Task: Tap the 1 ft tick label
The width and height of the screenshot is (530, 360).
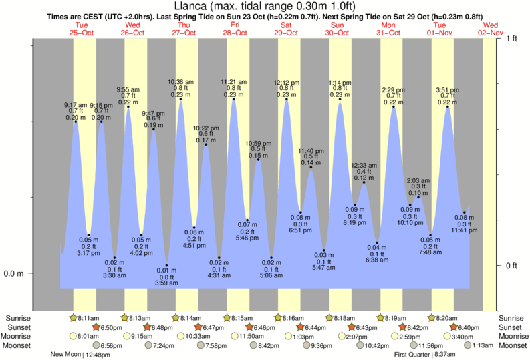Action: click(512, 39)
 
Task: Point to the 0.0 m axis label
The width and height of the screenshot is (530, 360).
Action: click(15, 273)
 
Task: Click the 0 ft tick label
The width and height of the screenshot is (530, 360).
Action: click(512, 266)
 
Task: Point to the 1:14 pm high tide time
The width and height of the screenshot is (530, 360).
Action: click(340, 83)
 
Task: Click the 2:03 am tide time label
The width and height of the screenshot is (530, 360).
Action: click(419, 180)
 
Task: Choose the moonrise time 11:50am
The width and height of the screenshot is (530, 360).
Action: click(247, 336)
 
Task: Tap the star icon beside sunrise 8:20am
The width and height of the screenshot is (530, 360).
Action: click(432, 317)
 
